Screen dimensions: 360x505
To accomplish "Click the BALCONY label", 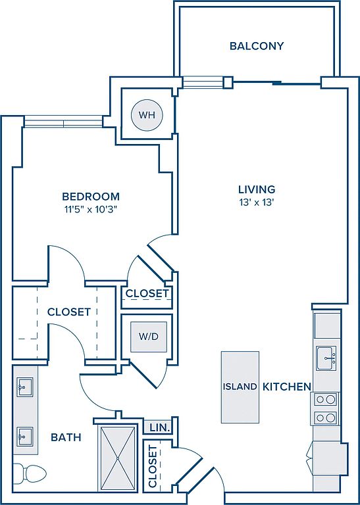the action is point(257,46).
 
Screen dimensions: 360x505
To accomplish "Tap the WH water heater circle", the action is point(147,115).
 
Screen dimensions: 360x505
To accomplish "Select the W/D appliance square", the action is point(149,337).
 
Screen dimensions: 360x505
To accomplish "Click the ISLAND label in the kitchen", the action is point(240,387).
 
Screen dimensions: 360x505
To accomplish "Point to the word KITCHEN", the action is point(287,387).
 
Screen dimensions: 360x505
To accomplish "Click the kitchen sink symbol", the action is point(326,358).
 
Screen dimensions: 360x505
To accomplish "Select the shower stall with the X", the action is point(118,458).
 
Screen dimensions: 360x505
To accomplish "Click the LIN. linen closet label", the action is point(159,427).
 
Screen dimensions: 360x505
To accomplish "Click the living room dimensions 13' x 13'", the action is point(257,203).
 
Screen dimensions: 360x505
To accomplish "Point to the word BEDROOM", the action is point(91,196).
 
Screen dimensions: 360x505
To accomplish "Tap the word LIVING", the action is point(257,189).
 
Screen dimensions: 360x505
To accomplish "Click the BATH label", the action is point(66,437).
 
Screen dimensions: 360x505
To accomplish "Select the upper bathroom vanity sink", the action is point(25,387).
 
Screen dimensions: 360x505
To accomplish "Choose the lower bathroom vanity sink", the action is point(25,437).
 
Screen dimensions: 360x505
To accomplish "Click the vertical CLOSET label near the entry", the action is point(153,466).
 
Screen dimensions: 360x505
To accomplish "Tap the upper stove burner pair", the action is point(325,400).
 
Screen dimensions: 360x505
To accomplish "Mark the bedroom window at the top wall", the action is point(63,122).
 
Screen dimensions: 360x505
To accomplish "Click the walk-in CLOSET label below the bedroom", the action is point(69,312).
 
